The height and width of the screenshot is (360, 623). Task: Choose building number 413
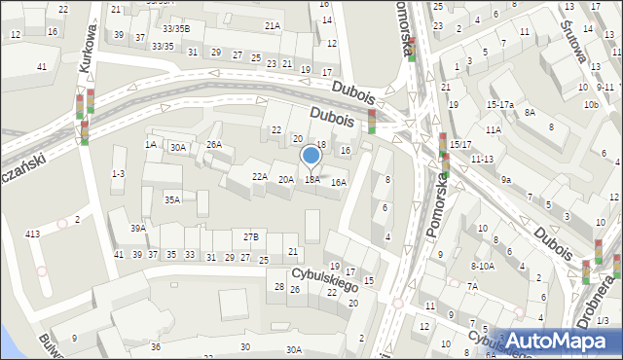pos(32,234)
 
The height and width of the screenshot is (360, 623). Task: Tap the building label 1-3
pos(118,173)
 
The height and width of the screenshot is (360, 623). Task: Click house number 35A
pos(172,199)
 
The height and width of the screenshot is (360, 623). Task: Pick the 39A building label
pos(139,229)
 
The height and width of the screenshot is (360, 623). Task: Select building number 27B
pos(251,236)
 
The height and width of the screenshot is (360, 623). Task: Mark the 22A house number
pos(260,176)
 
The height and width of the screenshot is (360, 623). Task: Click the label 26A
pos(214,144)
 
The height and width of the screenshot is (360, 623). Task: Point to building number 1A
pos(151,144)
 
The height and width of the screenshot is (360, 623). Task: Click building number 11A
pos(494,129)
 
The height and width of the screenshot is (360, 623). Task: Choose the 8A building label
pos(530,112)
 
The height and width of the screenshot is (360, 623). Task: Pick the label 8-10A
pos(483,265)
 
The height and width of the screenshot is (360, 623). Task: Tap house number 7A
pos(471,286)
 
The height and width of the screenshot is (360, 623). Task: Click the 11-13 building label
pos(481,158)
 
